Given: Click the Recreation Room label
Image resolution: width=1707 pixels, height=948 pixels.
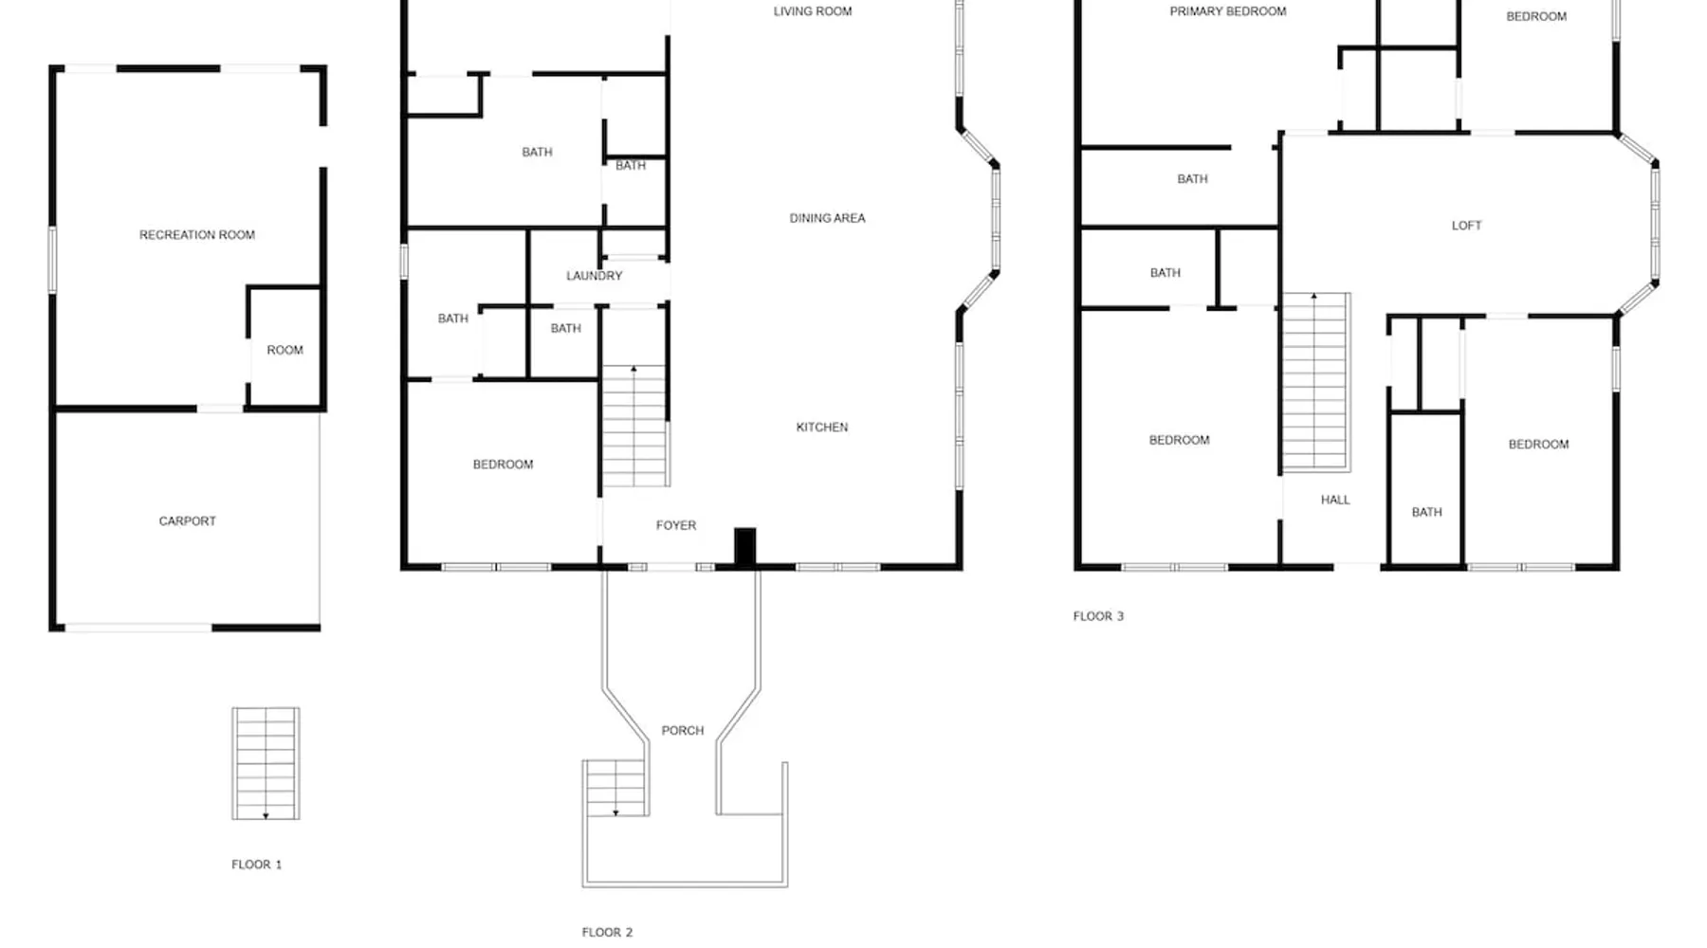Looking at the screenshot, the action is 197,235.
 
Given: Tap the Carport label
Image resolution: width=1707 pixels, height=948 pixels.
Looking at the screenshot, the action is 188,521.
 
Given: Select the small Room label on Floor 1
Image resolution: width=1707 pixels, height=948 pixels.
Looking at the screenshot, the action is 284,351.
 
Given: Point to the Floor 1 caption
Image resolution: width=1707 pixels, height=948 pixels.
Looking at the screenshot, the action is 257,865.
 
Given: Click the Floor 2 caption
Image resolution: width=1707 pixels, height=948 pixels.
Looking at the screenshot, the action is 607,933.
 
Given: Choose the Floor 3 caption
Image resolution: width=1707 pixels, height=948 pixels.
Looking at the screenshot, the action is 1098,616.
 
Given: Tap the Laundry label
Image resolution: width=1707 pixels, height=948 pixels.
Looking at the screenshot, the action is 595,276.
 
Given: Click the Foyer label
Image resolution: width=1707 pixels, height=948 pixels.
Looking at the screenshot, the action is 676,525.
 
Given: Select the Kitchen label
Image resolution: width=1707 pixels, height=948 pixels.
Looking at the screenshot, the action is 822,428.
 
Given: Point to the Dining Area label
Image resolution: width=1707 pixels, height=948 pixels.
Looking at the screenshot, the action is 828,218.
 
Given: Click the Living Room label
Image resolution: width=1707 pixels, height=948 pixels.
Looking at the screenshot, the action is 813,11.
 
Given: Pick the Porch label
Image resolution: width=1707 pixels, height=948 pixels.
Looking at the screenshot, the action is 683,731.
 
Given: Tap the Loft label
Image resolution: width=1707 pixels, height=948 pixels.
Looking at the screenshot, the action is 1466,226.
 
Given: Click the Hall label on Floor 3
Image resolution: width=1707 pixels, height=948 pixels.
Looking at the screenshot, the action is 1335,500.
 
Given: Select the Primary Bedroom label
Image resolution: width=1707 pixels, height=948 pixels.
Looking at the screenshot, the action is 1228,11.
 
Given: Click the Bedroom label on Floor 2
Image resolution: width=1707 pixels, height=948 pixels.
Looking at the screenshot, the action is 503,465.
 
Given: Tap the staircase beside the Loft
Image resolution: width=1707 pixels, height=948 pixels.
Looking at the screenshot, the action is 1316,382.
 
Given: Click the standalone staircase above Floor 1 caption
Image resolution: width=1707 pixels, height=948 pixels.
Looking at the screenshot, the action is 266,763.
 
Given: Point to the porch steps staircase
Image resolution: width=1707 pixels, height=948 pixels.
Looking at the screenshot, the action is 615,788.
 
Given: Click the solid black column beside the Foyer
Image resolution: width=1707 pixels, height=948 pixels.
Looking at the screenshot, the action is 745,547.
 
